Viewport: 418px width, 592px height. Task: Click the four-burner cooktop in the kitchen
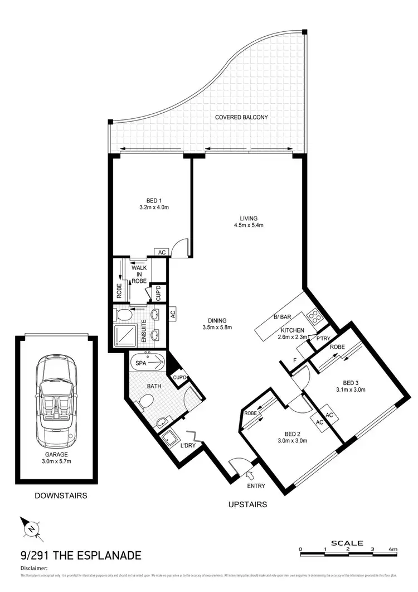click(314, 318)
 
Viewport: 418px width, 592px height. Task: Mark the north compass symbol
click(32, 528)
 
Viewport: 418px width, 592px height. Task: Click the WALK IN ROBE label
click(139, 274)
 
